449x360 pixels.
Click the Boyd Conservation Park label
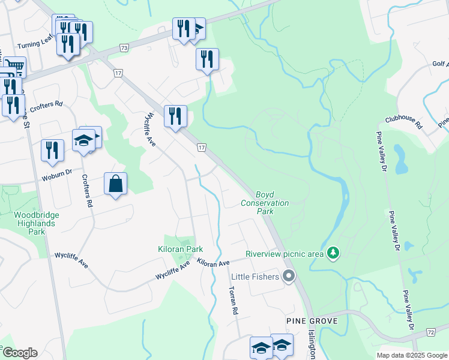(265, 203)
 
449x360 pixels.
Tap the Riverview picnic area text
(284, 254)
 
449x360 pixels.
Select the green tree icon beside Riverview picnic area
(333, 254)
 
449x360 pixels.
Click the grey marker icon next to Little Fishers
(289, 277)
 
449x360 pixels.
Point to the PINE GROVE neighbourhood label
(312, 322)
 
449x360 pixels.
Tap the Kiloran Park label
(181, 249)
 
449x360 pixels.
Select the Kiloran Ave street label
(214, 263)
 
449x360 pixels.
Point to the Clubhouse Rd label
(405, 122)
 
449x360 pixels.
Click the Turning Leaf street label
(35, 45)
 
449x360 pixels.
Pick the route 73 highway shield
(124, 47)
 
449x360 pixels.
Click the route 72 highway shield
(430, 332)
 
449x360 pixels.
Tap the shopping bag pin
(115, 184)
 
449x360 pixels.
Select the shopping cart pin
(14, 66)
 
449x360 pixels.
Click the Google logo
(19, 353)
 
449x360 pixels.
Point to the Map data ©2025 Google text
(412, 355)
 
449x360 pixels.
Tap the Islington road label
(312, 344)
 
